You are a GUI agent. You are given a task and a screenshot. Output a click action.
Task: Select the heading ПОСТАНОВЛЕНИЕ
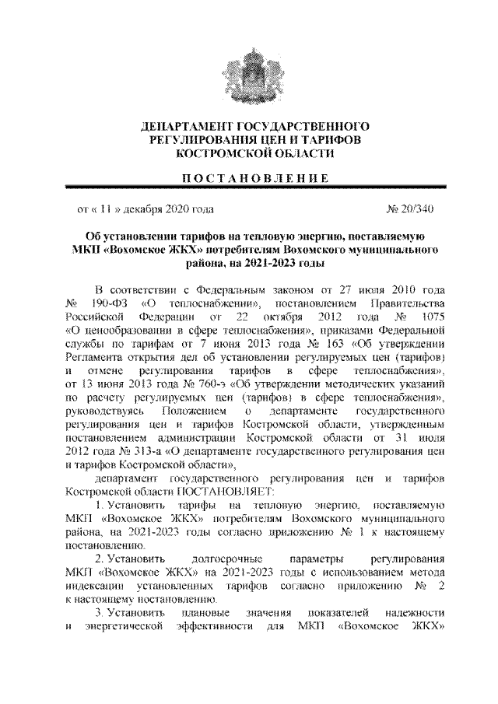249,177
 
